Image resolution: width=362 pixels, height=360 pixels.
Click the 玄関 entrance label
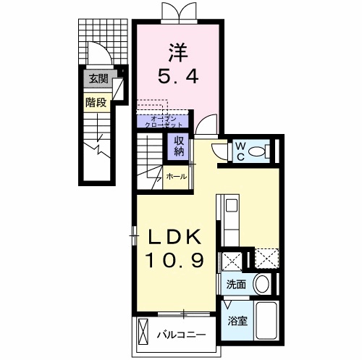[98, 78]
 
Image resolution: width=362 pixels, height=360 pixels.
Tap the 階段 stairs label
[96, 103]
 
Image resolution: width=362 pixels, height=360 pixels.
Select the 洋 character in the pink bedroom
[178, 53]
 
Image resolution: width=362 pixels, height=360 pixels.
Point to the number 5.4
[178, 76]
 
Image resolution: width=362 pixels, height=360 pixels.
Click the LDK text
[174, 237]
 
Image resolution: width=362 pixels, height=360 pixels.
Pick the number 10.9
[174, 260]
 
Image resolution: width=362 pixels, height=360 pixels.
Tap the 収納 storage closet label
[179, 146]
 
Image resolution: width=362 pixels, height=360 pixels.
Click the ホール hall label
[177, 177]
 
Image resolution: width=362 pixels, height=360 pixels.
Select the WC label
[240, 151]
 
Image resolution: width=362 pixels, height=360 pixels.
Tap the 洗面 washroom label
[236, 285]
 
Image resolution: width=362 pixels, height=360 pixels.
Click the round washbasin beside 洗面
[262, 284]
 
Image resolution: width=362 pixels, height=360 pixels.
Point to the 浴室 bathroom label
[237, 321]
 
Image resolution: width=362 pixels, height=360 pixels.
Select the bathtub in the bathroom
[267, 320]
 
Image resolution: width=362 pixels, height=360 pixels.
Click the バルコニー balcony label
[182, 335]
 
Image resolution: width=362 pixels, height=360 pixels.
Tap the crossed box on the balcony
[143, 330]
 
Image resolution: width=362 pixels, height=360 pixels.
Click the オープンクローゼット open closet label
[163, 122]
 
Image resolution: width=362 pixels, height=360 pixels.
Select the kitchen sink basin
[232, 205]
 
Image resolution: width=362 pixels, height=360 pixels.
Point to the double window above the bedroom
[179, 12]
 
